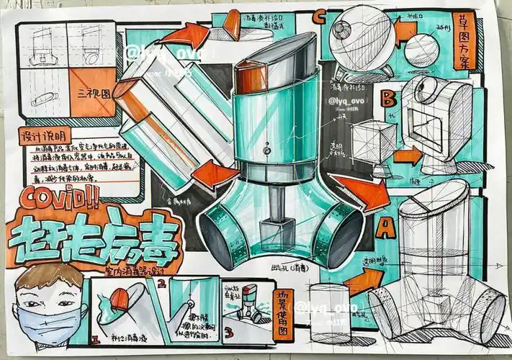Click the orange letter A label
[386, 228]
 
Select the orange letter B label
[389, 96]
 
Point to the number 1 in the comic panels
[96, 336]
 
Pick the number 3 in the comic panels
[228, 333]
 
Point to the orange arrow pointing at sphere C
[405, 31]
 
